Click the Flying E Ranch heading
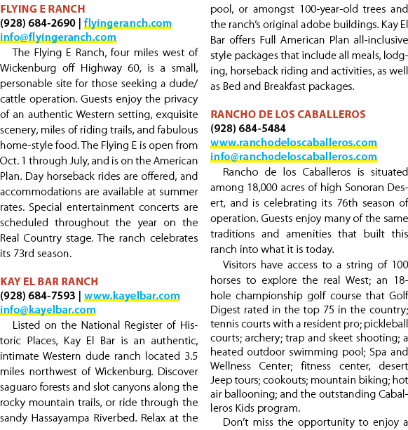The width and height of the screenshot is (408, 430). pos(43,9)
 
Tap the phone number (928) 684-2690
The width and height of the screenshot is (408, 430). pos(38,23)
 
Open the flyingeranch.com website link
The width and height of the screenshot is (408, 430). pos(128,23)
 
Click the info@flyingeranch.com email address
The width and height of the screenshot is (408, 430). pos(58,37)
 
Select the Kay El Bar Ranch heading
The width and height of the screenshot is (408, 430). pos(49,282)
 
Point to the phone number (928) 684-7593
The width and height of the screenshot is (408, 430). pos(38,296)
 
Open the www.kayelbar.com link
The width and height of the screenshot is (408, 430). pos(132,296)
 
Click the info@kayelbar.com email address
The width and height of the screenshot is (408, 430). pos(48,310)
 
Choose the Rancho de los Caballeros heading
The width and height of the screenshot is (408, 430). pos(288,115)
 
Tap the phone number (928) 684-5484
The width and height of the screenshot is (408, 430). pos(248,129)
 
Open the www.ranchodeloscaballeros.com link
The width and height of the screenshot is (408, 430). pos(294,143)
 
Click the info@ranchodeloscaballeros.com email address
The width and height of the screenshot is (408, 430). pos(294,157)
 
